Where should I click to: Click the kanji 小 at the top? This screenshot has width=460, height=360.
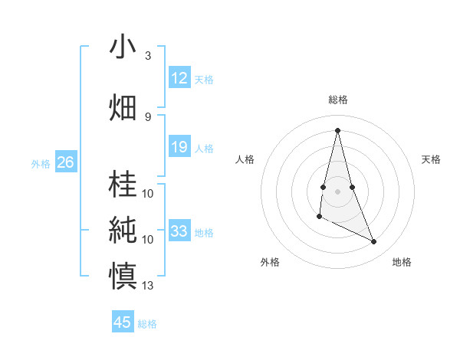pyautogui.click(x=123, y=47)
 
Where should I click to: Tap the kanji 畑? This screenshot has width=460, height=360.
pyautogui.click(x=123, y=107)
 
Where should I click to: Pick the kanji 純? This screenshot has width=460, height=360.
pyautogui.click(x=123, y=230)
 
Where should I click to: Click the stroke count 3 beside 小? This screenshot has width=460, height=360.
pyautogui.click(x=148, y=56)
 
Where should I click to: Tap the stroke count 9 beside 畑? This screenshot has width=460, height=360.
pyautogui.click(x=148, y=116)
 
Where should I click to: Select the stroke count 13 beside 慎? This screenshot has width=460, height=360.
pyautogui.click(x=148, y=286)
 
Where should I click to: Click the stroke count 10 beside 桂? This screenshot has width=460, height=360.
pyautogui.click(x=148, y=193)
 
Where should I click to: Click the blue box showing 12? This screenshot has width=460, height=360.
pyautogui.click(x=179, y=78)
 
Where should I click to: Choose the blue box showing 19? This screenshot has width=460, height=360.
pyautogui.click(x=179, y=147)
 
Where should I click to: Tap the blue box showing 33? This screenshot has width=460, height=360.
pyautogui.click(x=179, y=231)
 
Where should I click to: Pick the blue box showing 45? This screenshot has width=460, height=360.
pyautogui.click(x=123, y=322)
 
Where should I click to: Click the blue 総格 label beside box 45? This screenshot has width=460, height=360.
pyautogui.click(x=147, y=324)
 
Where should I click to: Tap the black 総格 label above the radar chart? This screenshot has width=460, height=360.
pyautogui.click(x=338, y=100)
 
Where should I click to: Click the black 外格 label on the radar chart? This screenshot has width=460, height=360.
pyautogui.click(x=270, y=262)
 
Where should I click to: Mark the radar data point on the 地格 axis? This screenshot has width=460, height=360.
pyautogui.click(x=374, y=242)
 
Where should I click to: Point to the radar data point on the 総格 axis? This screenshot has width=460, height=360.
pyautogui.click(x=338, y=129)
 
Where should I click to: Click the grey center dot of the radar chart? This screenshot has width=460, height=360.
pyautogui.click(x=338, y=190)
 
